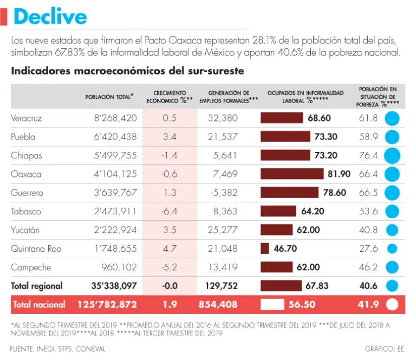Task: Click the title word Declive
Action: [x=50, y=16]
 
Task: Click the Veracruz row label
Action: [x=27, y=118]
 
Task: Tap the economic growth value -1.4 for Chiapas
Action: [x=170, y=156]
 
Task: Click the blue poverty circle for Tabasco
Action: [x=392, y=212]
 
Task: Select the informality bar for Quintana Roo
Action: [x=265, y=249]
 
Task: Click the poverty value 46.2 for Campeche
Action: [x=368, y=268]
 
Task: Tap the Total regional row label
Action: [x=37, y=286]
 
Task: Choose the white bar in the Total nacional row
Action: [x=272, y=305]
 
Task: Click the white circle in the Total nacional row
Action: [x=392, y=305]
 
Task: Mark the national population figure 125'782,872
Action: [x=103, y=305]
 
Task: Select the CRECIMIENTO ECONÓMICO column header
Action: [x=170, y=97]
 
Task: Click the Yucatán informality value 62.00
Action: [x=308, y=230]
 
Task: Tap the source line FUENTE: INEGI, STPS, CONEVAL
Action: [x=58, y=348]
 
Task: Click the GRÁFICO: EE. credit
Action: [x=385, y=348]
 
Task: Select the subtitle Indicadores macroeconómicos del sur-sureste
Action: [x=127, y=71]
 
